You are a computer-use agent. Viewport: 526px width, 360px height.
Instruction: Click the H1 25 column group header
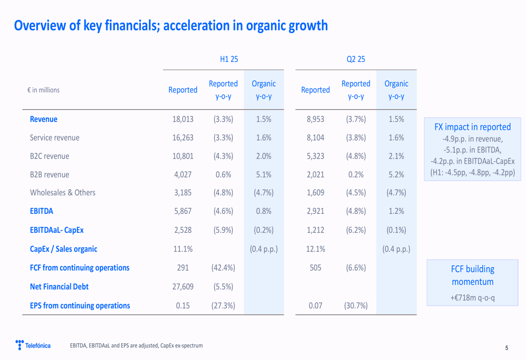point(229,59)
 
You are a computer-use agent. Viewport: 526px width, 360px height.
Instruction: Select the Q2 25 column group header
point(356,59)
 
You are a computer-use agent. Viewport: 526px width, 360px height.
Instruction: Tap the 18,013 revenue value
point(183,119)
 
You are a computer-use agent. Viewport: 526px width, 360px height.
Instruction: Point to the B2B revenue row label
point(49,174)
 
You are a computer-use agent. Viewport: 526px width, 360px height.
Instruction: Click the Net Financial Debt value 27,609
point(183,286)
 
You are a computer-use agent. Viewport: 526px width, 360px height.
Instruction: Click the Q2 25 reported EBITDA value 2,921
point(316,211)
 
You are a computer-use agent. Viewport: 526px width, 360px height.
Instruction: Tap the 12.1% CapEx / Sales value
point(316,249)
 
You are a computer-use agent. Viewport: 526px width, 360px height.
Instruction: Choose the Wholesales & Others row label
point(63,193)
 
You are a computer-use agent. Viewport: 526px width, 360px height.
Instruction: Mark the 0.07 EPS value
point(316,305)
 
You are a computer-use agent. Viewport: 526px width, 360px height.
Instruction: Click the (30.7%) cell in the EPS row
point(356,305)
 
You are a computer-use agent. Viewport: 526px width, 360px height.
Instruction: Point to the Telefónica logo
point(33,345)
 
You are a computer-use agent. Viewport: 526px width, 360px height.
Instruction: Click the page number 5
point(507,347)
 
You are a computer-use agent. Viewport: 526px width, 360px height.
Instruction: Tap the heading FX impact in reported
point(472,127)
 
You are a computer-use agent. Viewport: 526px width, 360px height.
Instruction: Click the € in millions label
point(44,90)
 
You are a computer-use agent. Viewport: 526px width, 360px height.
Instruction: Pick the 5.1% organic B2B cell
point(264,174)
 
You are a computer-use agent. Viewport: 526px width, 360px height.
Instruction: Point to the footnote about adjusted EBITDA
point(136,345)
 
